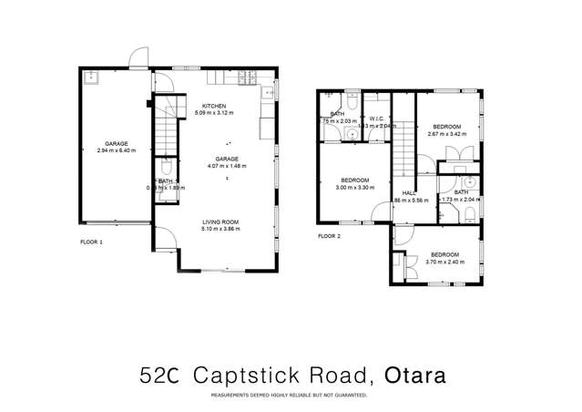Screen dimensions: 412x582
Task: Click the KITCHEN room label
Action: [x=215, y=107]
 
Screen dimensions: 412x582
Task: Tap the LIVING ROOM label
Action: [x=220, y=222]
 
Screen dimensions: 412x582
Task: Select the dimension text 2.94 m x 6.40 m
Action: [x=116, y=151]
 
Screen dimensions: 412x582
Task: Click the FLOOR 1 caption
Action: [x=91, y=243]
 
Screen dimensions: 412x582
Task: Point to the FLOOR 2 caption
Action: [x=329, y=235]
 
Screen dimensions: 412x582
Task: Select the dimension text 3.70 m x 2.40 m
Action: [x=444, y=262]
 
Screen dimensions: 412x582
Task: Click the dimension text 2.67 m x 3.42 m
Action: [x=446, y=133]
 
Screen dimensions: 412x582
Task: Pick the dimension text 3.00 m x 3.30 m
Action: [x=354, y=187]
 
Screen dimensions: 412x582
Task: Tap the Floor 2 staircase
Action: [x=404, y=150]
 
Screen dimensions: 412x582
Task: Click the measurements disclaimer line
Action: [x=289, y=396]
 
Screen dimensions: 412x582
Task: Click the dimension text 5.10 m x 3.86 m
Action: [x=220, y=230]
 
